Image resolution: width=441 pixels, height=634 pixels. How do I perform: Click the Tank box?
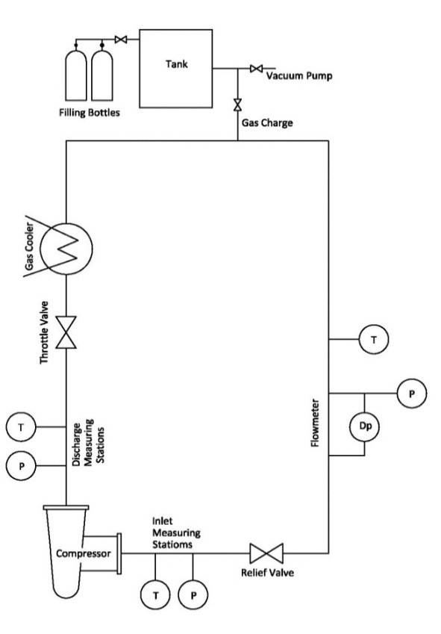point(176,68)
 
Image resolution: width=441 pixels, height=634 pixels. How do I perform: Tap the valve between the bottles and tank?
point(120,40)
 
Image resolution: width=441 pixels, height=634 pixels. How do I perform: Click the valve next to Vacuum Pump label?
point(256,69)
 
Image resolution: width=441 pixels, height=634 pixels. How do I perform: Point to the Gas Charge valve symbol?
point(238,102)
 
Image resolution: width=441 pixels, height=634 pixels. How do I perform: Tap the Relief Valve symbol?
point(266,553)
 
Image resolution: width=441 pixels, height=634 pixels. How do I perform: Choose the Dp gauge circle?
point(365,427)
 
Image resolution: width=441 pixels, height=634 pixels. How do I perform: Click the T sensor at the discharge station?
point(21,427)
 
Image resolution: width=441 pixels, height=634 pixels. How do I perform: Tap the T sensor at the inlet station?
point(155,595)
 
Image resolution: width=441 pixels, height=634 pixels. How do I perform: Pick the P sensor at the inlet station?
point(193,595)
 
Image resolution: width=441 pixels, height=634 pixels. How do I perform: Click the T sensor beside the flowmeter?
point(373,340)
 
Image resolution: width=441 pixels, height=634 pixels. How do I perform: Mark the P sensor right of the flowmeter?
point(411,393)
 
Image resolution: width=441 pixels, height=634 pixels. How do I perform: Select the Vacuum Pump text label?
point(298,75)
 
